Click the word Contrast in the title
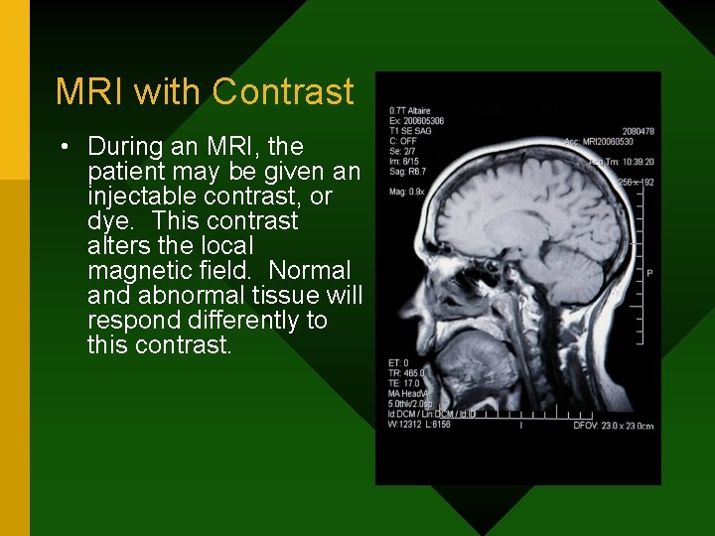tap(282, 92)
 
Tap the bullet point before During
tap(64, 147)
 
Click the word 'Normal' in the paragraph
tap(310, 270)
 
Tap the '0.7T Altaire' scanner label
tap(410, 111)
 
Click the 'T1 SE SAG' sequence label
tap(409, 131)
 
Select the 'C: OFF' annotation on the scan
tap(402, 141)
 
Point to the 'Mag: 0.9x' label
tap(407, 192)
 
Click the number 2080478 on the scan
tap(638, 131)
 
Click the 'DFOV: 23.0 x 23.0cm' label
tap(613, 426)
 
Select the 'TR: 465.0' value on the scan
tap(406, 374)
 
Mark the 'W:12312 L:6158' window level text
tap(419, 425)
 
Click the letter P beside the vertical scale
tap(649, 273)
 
